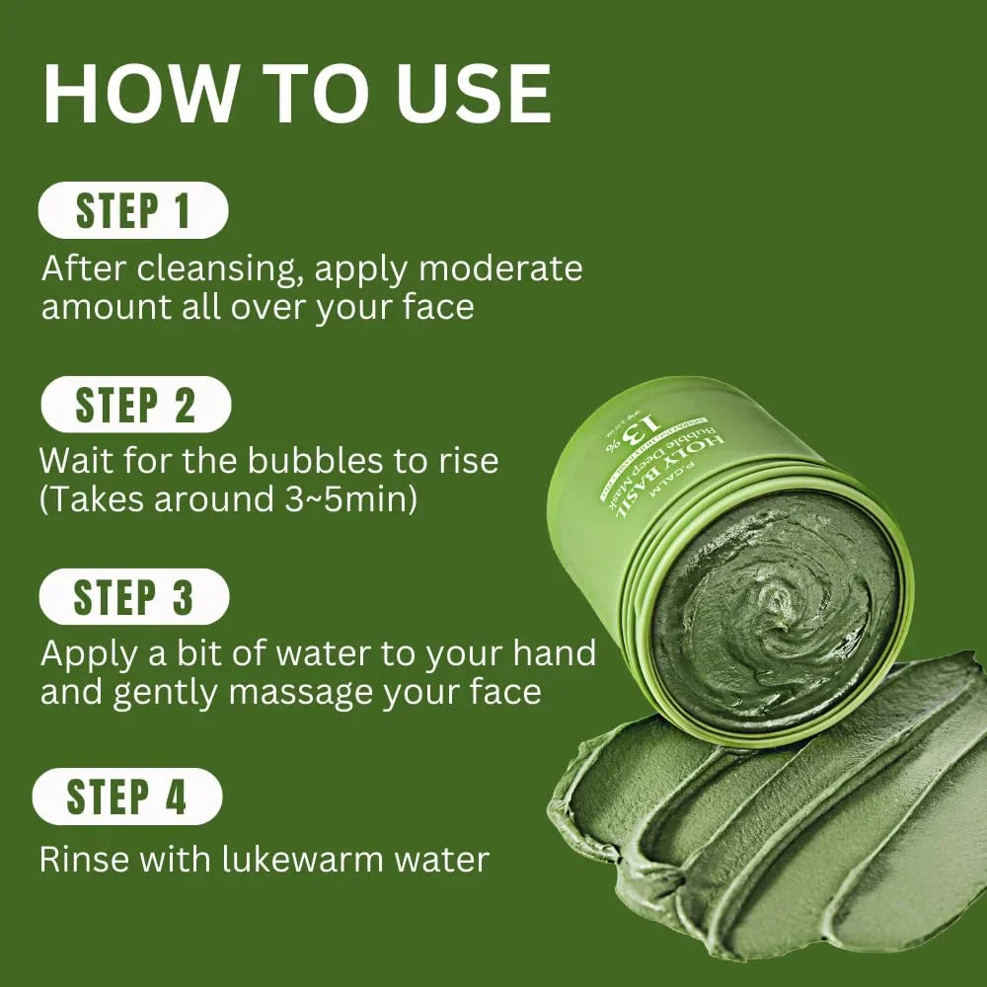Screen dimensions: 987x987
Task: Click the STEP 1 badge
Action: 133,211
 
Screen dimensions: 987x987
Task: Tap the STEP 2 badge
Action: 135,406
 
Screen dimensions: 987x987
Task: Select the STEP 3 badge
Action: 134,598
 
